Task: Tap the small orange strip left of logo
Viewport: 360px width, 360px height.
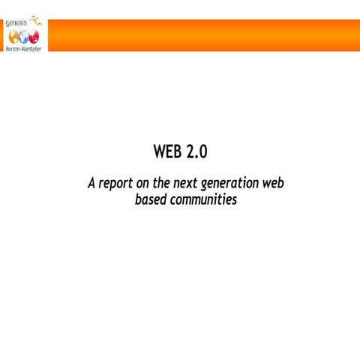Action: (1, 35)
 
